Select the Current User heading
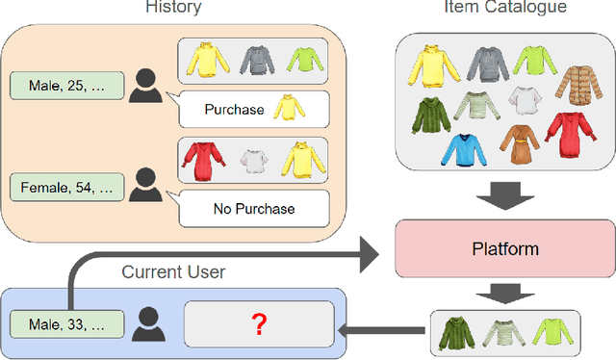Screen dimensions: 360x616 point(173,272)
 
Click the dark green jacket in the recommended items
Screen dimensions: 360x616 point(455,331)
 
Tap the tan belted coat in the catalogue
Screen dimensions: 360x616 point(524,144)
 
